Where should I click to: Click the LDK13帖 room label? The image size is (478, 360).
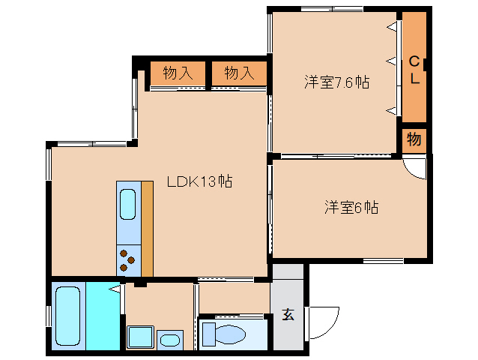point(199,181)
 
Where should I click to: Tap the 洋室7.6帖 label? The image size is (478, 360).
point(336,82)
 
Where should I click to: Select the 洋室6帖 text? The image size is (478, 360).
point(351,207)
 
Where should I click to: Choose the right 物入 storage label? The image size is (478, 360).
point(239,73)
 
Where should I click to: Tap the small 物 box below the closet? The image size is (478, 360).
point(414,139)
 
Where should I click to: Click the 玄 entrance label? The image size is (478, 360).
point(288,314)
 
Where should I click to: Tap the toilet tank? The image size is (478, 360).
point(207,332)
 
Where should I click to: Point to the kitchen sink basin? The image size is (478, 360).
point(128,205)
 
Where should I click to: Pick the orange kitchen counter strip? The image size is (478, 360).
point(147,228)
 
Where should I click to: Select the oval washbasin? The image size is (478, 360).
point(170,339)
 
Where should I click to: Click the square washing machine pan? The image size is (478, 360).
point(139,337)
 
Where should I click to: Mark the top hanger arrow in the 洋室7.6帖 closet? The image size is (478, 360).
point(392,27)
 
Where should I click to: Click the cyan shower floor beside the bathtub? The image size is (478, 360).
point(103,316)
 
